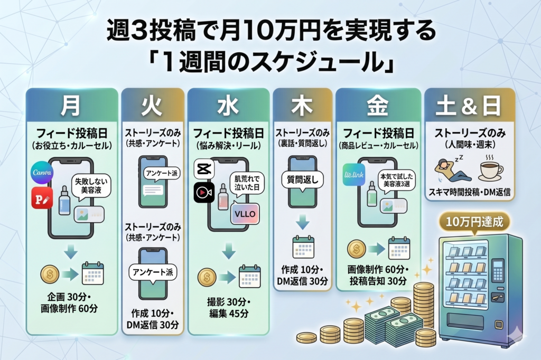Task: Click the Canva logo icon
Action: pos(42,174)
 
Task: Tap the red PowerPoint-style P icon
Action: pos(42,198)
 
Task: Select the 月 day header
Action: pos(71,106)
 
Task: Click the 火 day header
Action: pos(153,106)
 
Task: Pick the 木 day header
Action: pos(302,106)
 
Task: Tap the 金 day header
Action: pos(378,106)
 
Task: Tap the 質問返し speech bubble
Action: pos(302,179)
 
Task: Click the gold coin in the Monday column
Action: pos(50,274)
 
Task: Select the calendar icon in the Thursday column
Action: pos(303,247)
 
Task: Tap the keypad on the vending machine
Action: pos(497,270)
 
